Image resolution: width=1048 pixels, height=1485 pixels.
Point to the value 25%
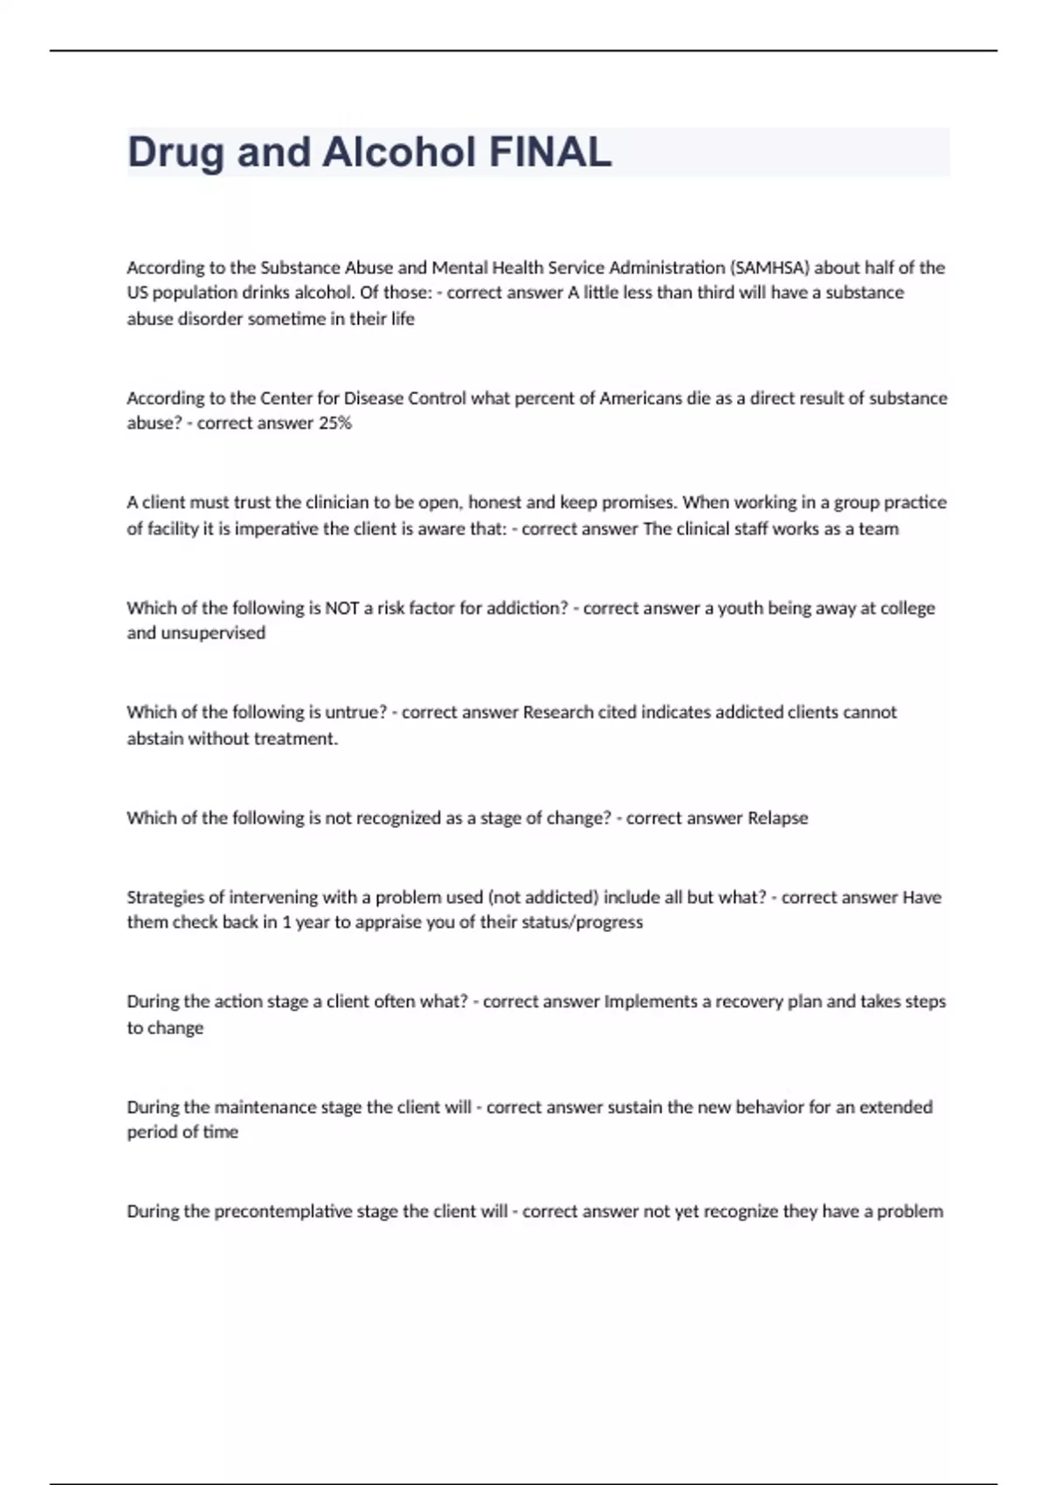335,423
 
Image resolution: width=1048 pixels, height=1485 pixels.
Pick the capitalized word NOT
342,608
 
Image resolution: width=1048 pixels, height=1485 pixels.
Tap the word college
908,608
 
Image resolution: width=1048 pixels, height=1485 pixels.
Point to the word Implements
651,1001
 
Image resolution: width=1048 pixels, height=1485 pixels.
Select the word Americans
640,398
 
